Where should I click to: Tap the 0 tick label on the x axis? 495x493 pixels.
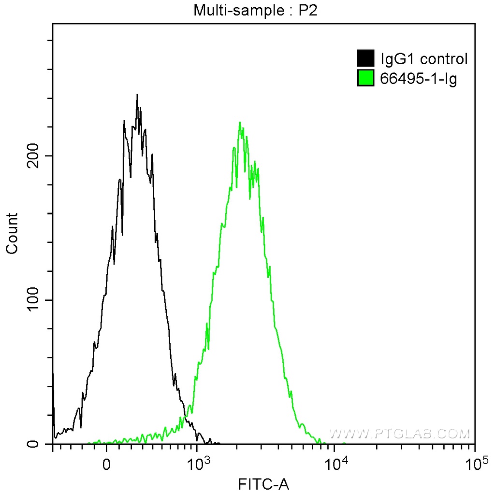pyautogui.click(x=107, y=465)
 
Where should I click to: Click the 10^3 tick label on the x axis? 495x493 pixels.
pyautogui.click(x=197, y=464)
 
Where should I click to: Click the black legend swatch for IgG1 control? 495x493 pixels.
pyautogui.click(x=366, y=59)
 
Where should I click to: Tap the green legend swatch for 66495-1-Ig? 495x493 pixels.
pyautogui.click(x=366, y=78)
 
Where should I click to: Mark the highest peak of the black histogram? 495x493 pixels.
pyautogui.click(x=137, y=96)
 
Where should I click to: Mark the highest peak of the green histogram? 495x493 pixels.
pyautogui.click(x=240, y=123)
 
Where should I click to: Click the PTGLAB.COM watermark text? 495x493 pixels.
pyautogui.click(x=400, y=434)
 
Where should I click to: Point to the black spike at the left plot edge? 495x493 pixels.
pyautogui.click(x=53, y=381)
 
